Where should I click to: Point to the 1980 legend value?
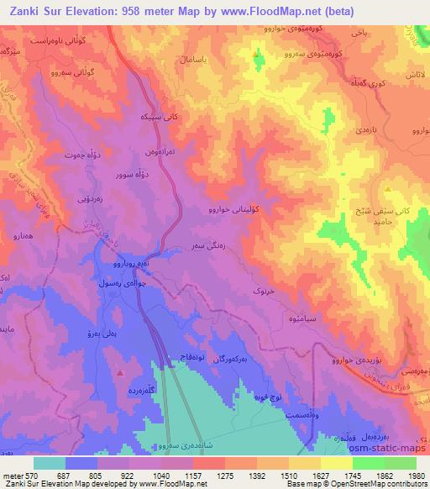coord(417,474)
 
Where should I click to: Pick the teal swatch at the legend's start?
coord(50,462)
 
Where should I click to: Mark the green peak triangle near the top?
coord(257,59)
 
